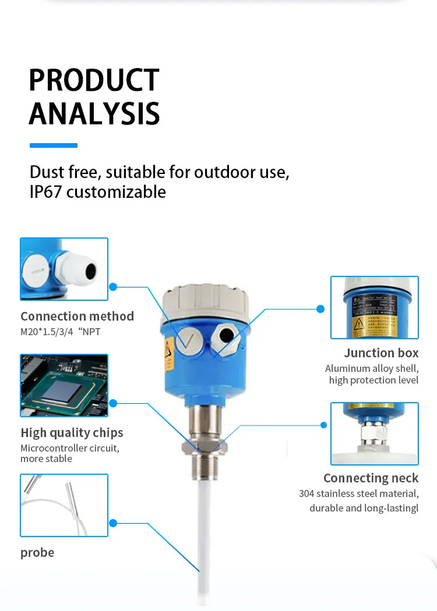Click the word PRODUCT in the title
(94, 80)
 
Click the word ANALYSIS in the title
(94, 113)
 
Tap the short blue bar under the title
(53, 145)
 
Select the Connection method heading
(77, 317)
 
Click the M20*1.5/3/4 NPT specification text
(69, 332)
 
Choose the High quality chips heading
(72, 433)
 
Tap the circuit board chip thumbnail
(64, 385)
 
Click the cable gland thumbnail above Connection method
(64, 269)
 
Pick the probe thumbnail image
(64, 505)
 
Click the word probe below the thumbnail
(37, 553)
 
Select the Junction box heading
(381, 353)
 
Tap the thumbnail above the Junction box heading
(375, 307)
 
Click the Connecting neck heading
(371, 478)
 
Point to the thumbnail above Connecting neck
(375, 434)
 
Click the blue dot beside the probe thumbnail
(113, 523)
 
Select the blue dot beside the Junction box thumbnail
(320, 308)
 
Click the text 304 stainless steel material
(358, 494)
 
